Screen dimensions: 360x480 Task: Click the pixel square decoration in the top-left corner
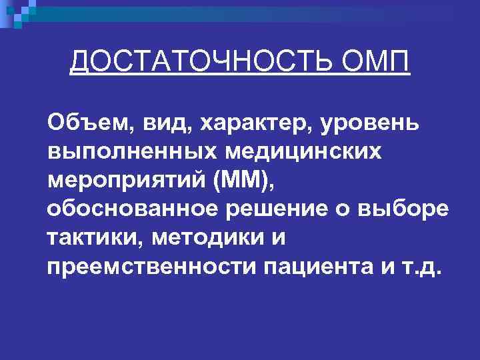(x=17, y=11)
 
